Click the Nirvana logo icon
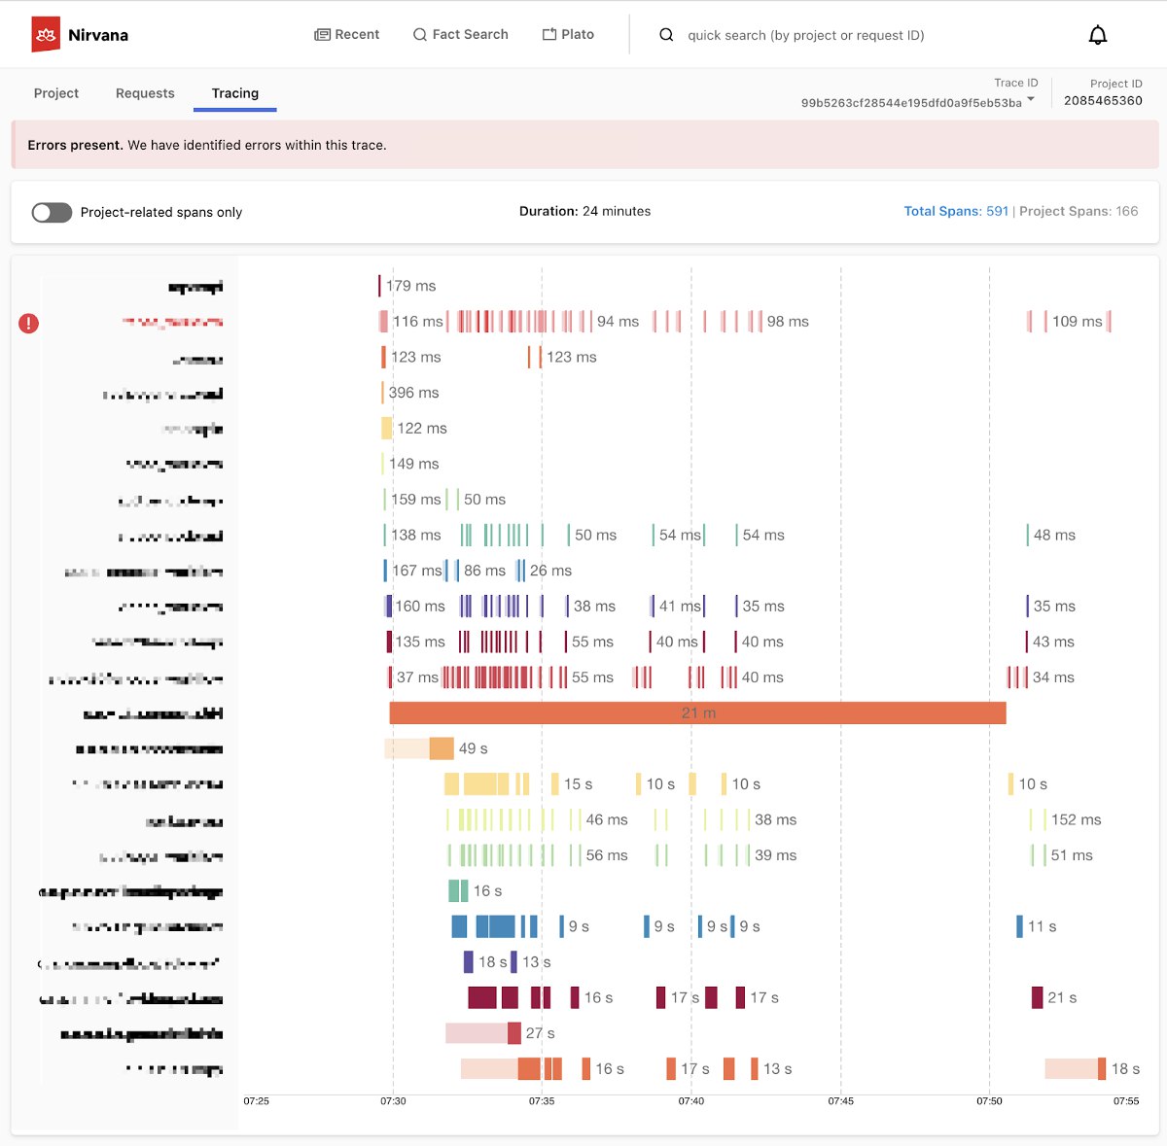tap(46, 34)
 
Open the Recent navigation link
tap(347, 34)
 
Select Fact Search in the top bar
tap(461, 34)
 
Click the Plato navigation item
tap(568, 34)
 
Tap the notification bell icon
tap(1097, 35)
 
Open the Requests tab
tap(145, 93)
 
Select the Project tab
tap(56, 93)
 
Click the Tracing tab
tap(235, 93)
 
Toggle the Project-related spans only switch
tap(52, 212)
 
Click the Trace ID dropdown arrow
tap(1031, 99)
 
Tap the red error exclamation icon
tap(29, 323)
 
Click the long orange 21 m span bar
tap(697, 713)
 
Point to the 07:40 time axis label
tap(690, 1101)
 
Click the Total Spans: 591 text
tap(956, 211)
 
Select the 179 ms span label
tap(411, 286)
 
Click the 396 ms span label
tap(414, 393)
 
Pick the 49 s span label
tap(473, 748)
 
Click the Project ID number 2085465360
tap(1103, 100)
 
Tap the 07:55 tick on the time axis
tap(1125, 1101)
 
